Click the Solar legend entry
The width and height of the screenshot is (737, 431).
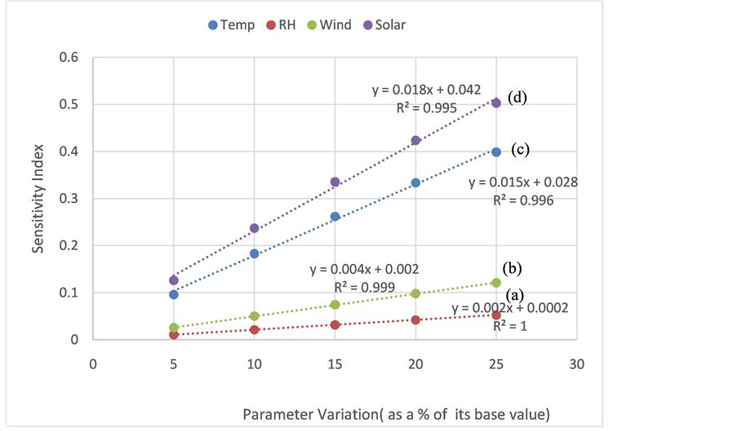click(382, 25)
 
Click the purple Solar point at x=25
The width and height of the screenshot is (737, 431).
click(496, 103)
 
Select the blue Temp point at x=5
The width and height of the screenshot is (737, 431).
click(174, 294)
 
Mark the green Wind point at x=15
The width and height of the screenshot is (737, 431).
click(335, 304)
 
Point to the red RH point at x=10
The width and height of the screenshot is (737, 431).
click(255, 329)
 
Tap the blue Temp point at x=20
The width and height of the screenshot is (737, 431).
click(415, 183)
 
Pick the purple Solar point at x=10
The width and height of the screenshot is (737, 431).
click(255, 228)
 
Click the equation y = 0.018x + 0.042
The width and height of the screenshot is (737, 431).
click(427, 89)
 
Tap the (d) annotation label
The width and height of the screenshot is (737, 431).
click(517, 97)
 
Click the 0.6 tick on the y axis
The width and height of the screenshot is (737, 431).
click(71, 58)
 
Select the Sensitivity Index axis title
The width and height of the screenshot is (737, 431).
click(38, 198)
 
